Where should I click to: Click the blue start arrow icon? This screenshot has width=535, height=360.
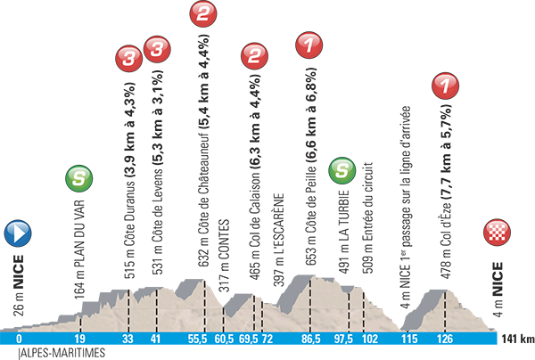click(18, 233)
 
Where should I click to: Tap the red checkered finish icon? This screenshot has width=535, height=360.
click(497, 233)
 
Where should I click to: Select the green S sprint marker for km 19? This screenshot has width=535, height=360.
click(79, 178)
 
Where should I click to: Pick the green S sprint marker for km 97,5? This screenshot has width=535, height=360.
click(342, 170)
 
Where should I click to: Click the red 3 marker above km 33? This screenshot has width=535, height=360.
click(129, 61)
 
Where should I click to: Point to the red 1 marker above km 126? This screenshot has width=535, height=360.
click(445, 86)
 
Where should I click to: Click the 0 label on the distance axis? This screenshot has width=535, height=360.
click(19, 340)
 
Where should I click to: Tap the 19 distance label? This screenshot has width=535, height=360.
click(80, 340)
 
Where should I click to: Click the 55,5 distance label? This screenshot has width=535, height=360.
click(198, 340)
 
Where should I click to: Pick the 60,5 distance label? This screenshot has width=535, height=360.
click(224, 340)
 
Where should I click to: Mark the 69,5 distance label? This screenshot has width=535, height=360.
click(248, 340)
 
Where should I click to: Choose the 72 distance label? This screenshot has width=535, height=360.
click(267, 340)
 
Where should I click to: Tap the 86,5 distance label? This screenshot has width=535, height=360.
click(311, 340)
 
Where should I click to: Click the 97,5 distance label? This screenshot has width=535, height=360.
click(343, 340)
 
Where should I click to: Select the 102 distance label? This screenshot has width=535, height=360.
click(370, 340)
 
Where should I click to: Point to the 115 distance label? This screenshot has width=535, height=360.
click(409, 340)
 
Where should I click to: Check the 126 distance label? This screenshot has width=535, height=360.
click(446, 340)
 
